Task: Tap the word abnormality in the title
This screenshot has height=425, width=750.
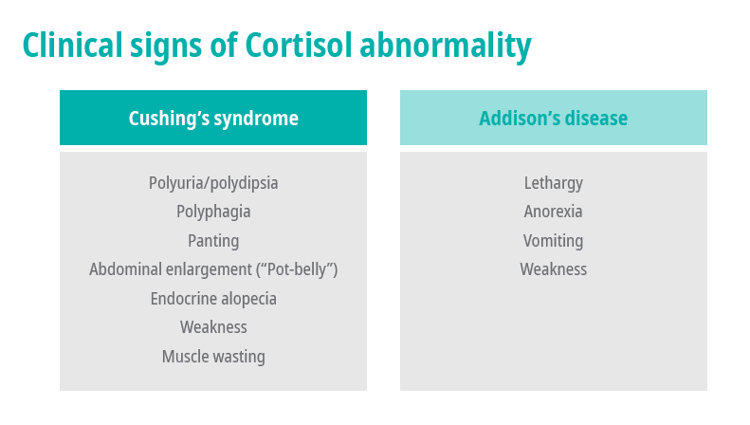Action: (446, 47)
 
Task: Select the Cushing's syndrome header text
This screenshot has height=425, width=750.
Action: (213, 119)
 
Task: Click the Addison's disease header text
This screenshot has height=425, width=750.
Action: (554, 119)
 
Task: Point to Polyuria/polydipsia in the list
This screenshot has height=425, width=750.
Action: (213, 183)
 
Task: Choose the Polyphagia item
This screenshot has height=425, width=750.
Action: (213, 212)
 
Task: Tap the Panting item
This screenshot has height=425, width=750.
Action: (213, 241)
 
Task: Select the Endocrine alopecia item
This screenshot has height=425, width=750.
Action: (213, 299)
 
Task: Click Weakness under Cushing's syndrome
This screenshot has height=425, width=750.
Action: (213, 327)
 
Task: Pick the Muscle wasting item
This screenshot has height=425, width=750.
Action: (213, 357)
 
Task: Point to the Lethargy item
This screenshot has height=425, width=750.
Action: (554, 183)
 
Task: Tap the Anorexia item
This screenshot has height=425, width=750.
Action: (554, 212)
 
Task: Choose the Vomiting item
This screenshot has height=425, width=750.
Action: (554, 241)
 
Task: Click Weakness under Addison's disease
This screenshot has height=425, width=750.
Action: (554, 269)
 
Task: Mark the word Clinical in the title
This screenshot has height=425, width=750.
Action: (73, 46)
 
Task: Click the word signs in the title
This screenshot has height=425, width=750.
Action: (166, 47)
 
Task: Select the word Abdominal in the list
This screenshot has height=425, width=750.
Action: (122, 269)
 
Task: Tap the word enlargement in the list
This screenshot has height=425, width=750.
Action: (206, 270)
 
